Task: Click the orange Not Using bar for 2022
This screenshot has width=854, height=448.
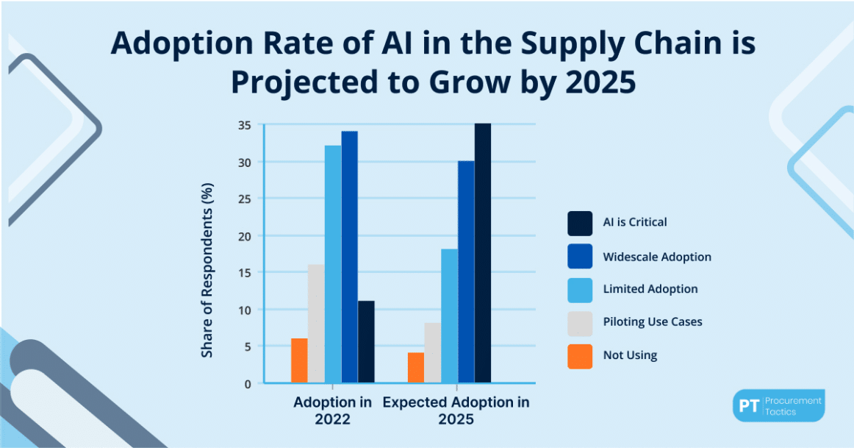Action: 299,360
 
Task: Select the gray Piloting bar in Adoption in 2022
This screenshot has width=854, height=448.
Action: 316,324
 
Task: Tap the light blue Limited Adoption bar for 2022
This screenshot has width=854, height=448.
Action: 333,264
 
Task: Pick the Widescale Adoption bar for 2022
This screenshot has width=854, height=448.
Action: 350,257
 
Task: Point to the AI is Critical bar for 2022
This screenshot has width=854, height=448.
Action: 366,342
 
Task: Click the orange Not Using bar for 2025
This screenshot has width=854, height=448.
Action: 416,368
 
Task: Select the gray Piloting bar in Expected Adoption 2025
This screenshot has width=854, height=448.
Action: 432,353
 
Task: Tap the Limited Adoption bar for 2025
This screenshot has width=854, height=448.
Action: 449,316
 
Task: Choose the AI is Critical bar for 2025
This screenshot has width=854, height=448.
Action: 483,253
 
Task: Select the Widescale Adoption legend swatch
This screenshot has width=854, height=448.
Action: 579,257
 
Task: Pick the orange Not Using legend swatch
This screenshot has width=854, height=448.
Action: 579,355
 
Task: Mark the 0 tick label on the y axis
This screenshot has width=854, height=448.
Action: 247,383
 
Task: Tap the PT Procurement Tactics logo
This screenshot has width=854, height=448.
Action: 778,405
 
